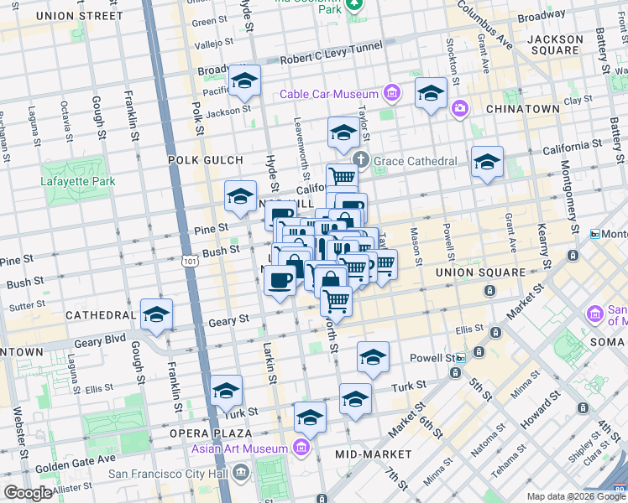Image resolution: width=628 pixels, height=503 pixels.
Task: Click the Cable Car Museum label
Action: pyautogui.click(x=328, y=94)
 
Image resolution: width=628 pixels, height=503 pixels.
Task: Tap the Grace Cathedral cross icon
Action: pyautogui.click(x=361, y=160)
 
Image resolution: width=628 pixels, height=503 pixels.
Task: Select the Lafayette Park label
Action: pyautogui.click(x=74, y=179)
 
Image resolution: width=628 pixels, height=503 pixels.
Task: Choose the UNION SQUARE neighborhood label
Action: pyautogui.click(x=473, y=272)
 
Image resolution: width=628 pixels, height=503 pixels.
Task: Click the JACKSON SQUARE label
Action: pyautogui.click(x=555, y=44)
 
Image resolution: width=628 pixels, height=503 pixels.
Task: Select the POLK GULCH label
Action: pyautogui.click(x=205, y=159)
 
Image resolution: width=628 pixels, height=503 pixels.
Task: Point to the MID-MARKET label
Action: pyautogui.click(x=373, y=454)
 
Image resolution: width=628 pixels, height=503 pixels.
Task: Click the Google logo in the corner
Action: pyautogui.click(x=28, y=492)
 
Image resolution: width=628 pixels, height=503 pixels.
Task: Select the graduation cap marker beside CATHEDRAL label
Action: pyautogui.click(x=156, y=315)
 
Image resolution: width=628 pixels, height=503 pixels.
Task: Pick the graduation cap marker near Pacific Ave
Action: pyautogui.click(x=244, y=80)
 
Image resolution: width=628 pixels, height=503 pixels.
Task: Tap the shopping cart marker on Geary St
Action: pyautogui.click(x=336, y=300)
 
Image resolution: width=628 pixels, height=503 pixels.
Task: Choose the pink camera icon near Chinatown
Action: pyautogui.click(x=459, y=107)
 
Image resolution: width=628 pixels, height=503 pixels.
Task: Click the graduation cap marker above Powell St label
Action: pyautogui.click(x=373, y=358)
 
